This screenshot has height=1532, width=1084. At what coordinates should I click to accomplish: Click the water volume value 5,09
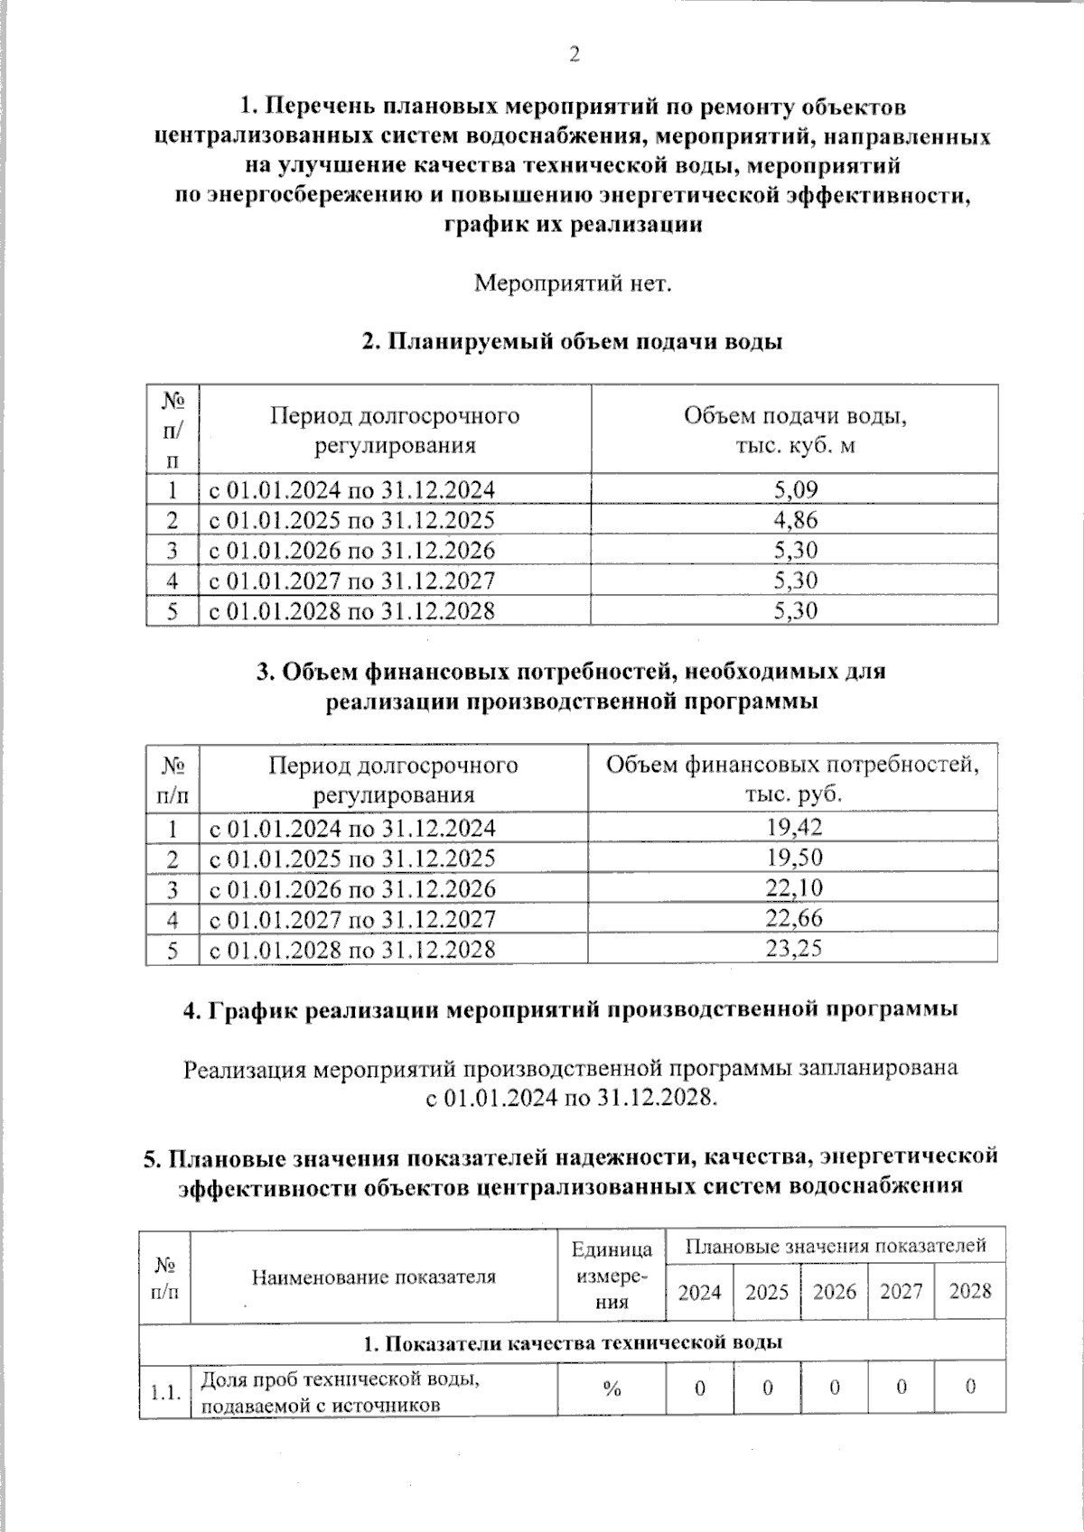pos(795,490)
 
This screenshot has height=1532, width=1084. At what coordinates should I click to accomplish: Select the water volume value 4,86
pos(795,520)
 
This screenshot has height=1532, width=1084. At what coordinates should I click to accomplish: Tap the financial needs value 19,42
pos(793,828)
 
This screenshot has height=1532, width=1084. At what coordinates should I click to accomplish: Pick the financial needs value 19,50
pos(793,858)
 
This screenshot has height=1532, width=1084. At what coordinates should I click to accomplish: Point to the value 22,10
pos(793,888)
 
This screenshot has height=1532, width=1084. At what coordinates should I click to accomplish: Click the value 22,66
pos(793,919)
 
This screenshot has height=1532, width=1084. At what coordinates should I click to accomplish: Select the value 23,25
pos(793,949)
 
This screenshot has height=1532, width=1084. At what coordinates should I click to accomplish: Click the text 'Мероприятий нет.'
pos(574,283)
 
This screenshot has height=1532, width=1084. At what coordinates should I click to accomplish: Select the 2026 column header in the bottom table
pos(834,1292)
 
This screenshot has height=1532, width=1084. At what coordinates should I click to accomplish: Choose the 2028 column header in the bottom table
pos(970,1292)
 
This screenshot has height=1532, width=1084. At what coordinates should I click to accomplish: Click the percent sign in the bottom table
pos(612,1389)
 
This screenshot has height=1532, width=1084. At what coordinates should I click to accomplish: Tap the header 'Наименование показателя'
pos(373,1277)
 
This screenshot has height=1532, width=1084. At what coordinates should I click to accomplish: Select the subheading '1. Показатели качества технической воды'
pos(572,1342)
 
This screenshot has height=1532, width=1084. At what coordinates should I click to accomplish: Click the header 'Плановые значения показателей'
pos(835,1247)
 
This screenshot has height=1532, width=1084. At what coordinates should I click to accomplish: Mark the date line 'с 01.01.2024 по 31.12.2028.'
pos(572,1099)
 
